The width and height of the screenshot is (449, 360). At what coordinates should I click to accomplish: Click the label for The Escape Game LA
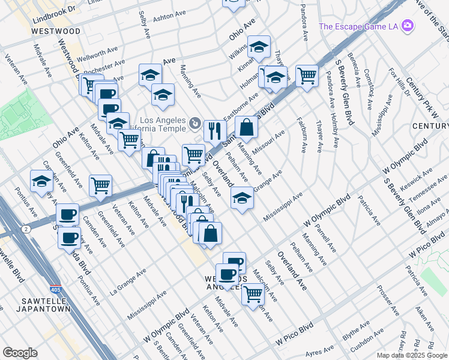tap(359, 26)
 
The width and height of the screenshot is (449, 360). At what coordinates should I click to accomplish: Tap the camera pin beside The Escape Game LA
tap(408, 25)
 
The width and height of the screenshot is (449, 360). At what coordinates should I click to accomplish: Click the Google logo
tap(20, 353)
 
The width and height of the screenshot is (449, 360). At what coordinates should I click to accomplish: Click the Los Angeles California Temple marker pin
tap(195, 124)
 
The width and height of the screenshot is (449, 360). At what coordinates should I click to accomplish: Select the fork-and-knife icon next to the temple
tap(214, 130)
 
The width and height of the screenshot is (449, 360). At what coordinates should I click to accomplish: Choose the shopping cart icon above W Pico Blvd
tap(253, 293)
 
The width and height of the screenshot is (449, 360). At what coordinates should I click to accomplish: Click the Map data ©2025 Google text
tap(411, 355)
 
